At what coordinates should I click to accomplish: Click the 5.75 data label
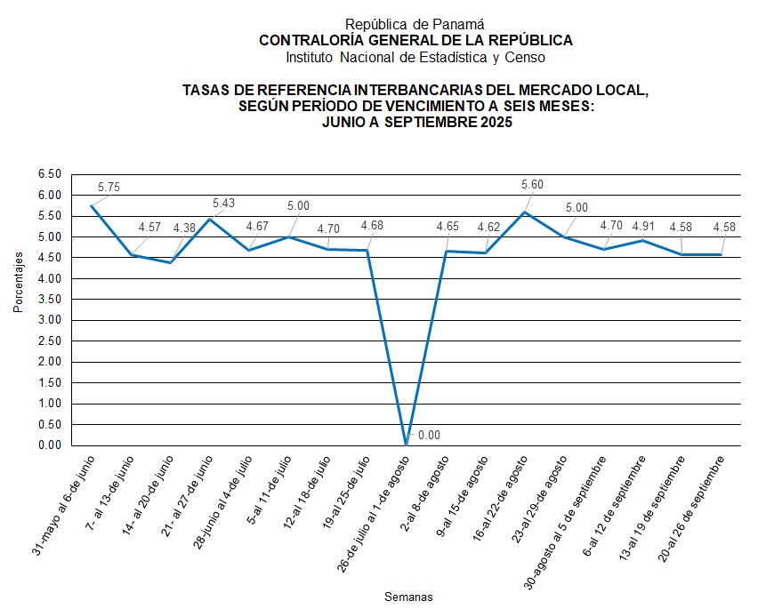point(109,188)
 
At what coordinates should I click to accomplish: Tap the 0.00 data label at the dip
point(430,436)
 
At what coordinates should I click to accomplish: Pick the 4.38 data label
point(184,228)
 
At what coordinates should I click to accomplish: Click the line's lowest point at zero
point(407,445)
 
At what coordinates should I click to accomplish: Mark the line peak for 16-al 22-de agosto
point(525,212)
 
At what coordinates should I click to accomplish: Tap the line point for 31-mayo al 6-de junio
point(92,206)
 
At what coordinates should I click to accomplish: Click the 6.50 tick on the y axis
point(50,174)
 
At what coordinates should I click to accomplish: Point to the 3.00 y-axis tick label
point(50,320)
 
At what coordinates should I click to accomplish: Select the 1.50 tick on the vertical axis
point(50,382)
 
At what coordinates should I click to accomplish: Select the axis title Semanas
point(408,597)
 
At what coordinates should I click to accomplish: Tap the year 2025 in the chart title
point(495,124)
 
